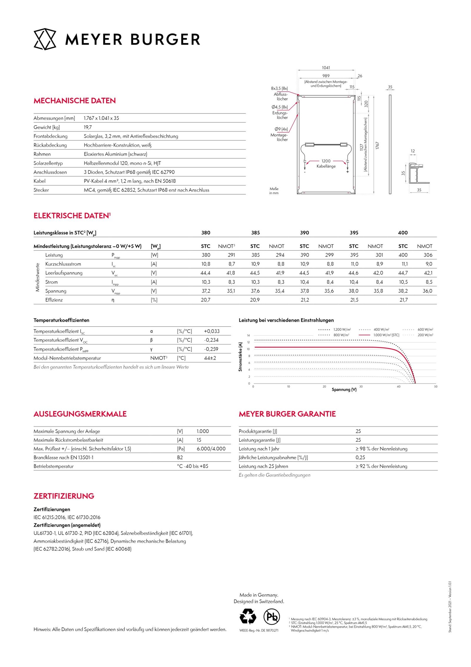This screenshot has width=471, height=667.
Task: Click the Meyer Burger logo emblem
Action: tap(45, 39)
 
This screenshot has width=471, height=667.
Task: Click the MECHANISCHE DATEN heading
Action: tap(74, 101)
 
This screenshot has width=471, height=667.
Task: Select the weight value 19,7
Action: tap(88, 127)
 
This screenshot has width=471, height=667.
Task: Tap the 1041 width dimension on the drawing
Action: tap(326, 68)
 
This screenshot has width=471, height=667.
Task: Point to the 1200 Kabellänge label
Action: tap(326, 164)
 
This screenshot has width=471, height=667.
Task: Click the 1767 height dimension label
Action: tap(377, 145)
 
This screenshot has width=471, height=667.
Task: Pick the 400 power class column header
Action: tap(403, 233)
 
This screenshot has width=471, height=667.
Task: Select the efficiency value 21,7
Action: tap(404, 300)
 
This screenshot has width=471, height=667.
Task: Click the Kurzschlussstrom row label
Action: tap(63, 264)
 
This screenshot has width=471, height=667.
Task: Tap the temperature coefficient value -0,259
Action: tap(211, 349)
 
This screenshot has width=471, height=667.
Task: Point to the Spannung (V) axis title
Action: tap(344, 390)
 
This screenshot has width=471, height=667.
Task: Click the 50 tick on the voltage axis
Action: tap(436, 387)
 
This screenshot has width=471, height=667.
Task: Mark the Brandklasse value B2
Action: tap(180, 457)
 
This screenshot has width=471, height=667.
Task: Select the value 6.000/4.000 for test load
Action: tap(211, 448)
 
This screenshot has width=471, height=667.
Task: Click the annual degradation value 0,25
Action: tap(360, 457)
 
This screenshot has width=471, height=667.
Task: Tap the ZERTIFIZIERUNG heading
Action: tap(64, 496)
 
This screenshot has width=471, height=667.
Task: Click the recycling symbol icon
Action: tap(248, 617)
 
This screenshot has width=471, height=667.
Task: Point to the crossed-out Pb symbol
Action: tap(271, 617)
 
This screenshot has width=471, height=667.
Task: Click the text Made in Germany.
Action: tap(259, 595)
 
